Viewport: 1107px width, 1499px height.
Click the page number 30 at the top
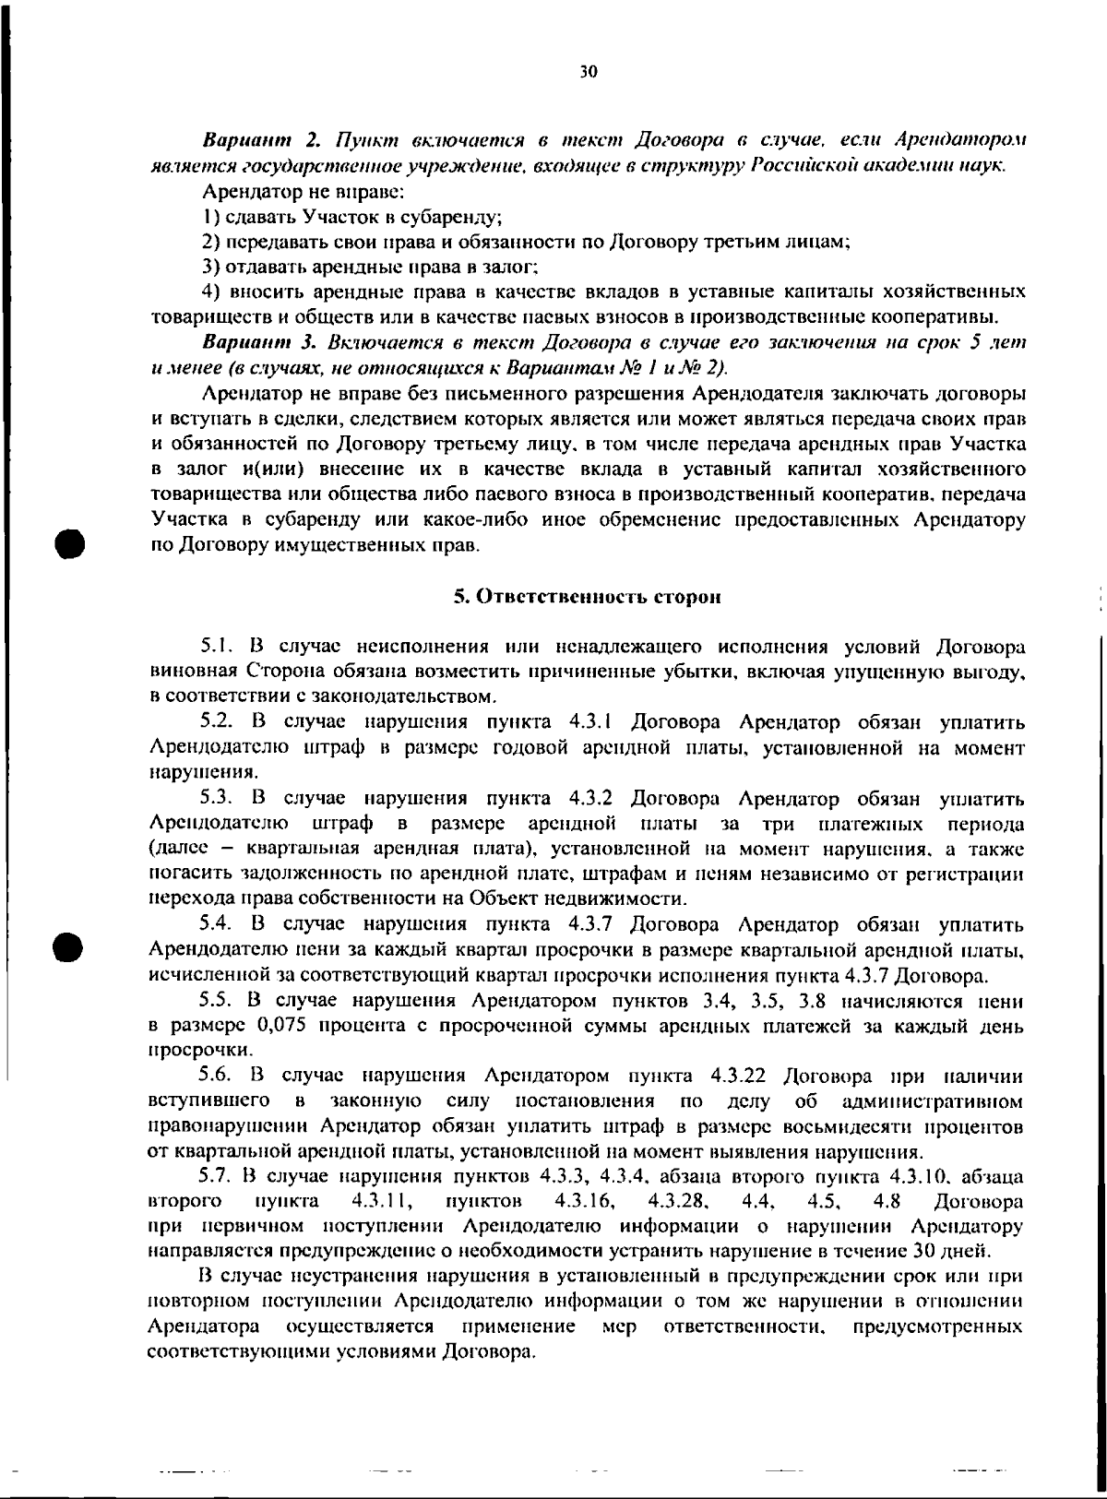(589, 71)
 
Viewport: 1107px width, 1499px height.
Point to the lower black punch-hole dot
(69, 922)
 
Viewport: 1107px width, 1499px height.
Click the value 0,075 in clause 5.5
(281, 1025)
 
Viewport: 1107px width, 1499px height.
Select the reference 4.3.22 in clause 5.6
(745, 1077)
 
